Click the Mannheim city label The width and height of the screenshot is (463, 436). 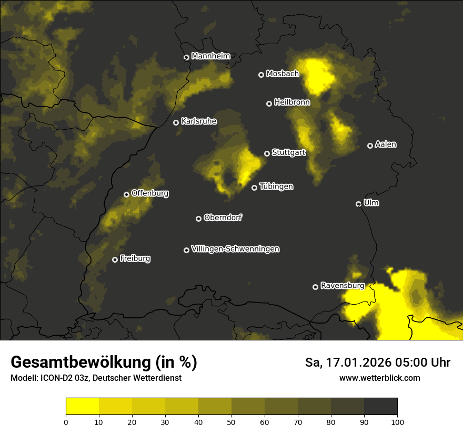pos(210,56)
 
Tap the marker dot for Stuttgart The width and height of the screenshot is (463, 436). pos(267,153)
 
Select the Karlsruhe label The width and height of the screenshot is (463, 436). pos(198,121)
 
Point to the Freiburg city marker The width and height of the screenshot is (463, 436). pos(115,259)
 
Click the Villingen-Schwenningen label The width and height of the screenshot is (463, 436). pos(235,249)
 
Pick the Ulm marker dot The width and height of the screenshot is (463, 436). pos(358,204)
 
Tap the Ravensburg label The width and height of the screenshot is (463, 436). pos(342,286)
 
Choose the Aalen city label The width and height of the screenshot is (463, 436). pos(386,144)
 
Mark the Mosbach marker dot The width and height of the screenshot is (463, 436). pos(261,75)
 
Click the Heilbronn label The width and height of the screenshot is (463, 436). pos(292,102)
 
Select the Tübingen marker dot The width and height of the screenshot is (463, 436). pos(254,188)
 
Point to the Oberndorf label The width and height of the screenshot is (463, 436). pos(223,217)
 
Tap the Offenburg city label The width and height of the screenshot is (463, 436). pos(149,193)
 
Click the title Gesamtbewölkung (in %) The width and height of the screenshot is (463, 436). pos(104,362)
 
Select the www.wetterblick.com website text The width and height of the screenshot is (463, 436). pos(379,378)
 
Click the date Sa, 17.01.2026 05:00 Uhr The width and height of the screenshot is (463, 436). pos(377,362)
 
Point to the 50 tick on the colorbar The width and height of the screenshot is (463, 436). pos(231,421)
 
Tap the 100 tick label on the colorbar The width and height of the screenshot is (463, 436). pos(397,421)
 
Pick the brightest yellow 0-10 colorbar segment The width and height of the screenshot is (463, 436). pos(83,407)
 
